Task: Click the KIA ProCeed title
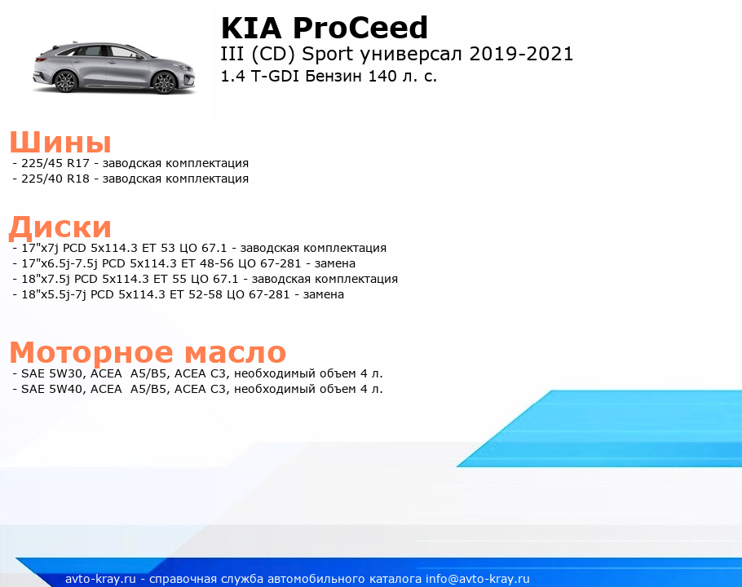point(325,28)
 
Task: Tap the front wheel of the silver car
point(164,82)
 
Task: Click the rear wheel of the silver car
point(66,82)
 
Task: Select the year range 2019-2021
point(521,54)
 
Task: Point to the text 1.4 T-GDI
point(260,76)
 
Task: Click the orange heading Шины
point(60,142)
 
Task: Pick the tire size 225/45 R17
point(55,163)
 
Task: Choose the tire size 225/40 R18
point(55,179)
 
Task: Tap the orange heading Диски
point(60,227)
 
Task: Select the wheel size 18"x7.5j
point(46,279)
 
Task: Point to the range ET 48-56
point(207,263)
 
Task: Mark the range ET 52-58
point(196,294)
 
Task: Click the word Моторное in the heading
point(92,352)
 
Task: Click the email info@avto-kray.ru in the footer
point(478,579)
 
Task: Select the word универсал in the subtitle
point(411,55)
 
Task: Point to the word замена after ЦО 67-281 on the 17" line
point(335,263)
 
